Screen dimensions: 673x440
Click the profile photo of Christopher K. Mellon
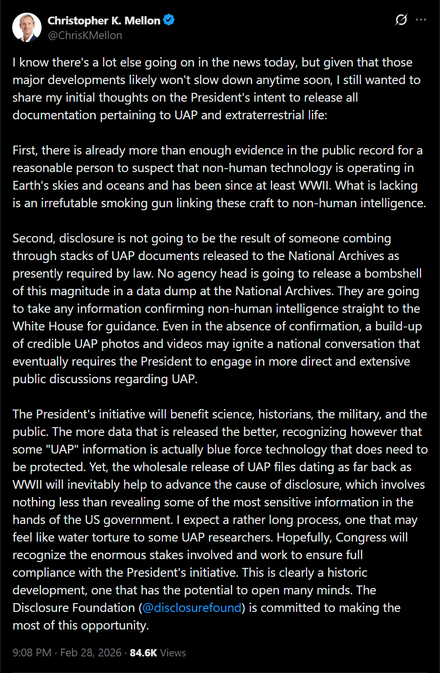click(x=27, y=27)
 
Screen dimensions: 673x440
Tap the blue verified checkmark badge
click(x=169, y=20)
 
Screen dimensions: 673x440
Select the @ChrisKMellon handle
click(x=85, y=35)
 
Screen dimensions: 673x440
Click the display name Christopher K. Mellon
click(x=104, y=21)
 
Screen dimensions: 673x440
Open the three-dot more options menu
click(x=420, y=20)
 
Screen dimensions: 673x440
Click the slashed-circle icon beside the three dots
click(x=401, y=20)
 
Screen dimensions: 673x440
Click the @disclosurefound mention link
click(x=192, y=608)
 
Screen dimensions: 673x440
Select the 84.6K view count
click(x=143, y=652)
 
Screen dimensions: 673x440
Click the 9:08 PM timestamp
click(x=32, y=652)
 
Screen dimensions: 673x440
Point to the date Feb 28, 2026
click(x=91, y=652)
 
